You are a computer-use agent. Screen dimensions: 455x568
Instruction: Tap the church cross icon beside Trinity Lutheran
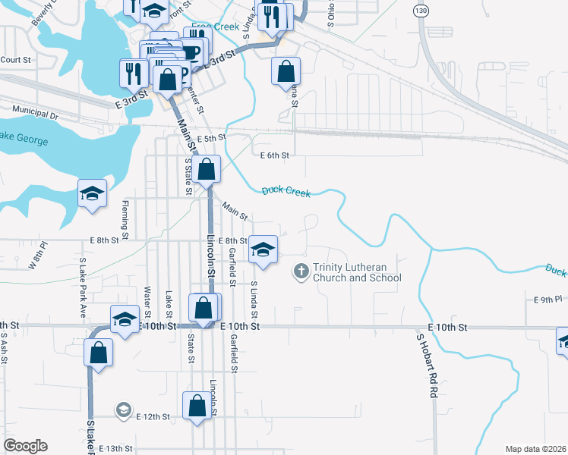coord(301,270)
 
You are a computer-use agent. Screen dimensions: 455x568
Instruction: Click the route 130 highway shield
coord(422,10)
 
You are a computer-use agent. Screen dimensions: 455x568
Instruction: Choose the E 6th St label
coord(274,155)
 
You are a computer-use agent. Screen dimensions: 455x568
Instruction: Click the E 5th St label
coord(212,138)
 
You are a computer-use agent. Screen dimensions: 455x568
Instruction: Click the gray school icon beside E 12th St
coord(123,410)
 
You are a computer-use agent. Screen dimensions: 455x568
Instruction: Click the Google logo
coord(25,446)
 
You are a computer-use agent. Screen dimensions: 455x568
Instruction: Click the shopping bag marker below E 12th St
coord(197,405)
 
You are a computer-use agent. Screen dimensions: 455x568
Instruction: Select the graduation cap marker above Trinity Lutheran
coord(263,249)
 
